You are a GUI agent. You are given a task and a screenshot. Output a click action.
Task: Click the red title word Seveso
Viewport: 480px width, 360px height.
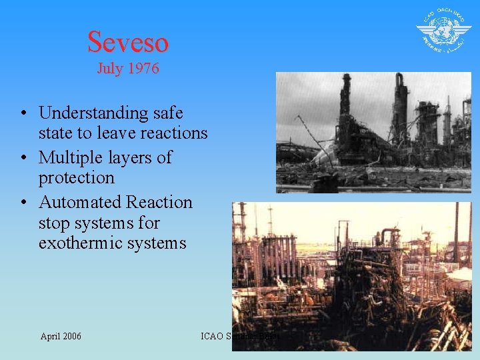click(x=128, y=41)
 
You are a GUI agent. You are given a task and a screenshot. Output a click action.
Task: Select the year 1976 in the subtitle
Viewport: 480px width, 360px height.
click(x=143, y=69)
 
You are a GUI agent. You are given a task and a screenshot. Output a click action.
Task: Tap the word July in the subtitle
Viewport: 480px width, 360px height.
click(x=111, y=69)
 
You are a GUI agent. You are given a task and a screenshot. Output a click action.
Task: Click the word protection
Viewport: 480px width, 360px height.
click(x=77, y=179)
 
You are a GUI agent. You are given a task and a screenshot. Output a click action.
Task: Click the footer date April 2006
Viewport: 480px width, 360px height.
click(x=61, y=336)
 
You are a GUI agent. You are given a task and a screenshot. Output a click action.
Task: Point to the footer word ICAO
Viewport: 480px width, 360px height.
click(x=213, y=336)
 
